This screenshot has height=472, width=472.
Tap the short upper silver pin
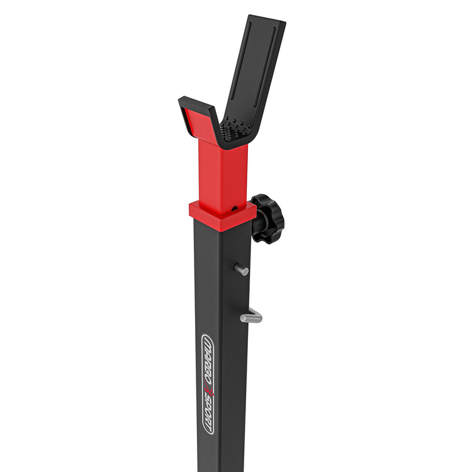pos(242,269)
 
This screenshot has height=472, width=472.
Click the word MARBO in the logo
pos(206,361)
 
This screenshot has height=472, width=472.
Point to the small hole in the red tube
pos(233,206)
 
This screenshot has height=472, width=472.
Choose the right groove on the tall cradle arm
pos(259,76)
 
